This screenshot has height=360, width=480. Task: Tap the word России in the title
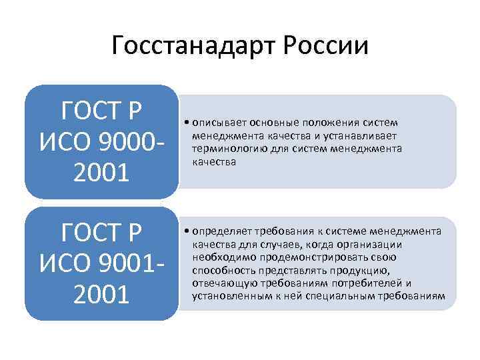(326, 47)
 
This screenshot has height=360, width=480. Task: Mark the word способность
(221, 270)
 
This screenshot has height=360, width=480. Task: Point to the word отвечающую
(220, 283)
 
